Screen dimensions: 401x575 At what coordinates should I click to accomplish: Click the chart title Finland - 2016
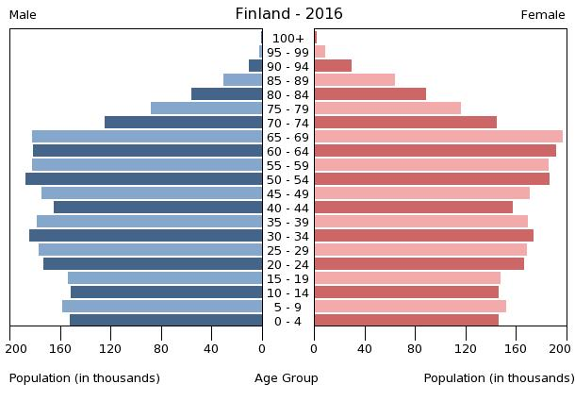(288, 14)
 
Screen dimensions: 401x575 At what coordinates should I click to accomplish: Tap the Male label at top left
(23, 15)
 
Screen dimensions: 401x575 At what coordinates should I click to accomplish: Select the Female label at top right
(543, 15)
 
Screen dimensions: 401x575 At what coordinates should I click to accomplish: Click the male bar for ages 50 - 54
(144, 179)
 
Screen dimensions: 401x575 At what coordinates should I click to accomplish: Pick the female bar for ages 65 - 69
(438, 137)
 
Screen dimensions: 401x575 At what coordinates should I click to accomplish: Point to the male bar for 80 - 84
(227, 94)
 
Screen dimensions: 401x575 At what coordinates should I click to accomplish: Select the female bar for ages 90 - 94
(333, 66)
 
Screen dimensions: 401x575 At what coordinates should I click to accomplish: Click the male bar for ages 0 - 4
(166, 321)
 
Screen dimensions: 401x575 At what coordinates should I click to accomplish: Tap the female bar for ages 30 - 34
(424, 236)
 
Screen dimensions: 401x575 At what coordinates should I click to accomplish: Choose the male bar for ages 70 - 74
(184, 123)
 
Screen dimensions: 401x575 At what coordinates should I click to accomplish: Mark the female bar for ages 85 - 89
(354, 80)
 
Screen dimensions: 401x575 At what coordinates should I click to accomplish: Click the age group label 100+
(287, 38)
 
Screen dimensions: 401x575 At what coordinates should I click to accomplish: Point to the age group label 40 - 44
(287, 208)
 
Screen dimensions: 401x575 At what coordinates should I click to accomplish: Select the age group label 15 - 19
(287, 278)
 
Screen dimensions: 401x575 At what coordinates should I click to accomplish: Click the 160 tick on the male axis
(61, 348)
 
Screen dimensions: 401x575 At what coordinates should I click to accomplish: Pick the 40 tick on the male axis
(212, 348)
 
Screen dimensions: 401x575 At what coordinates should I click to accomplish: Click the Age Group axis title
(287, 378)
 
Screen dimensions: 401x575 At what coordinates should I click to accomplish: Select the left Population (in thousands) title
(85, 378)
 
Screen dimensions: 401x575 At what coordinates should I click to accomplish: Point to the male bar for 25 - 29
(151, 250)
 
